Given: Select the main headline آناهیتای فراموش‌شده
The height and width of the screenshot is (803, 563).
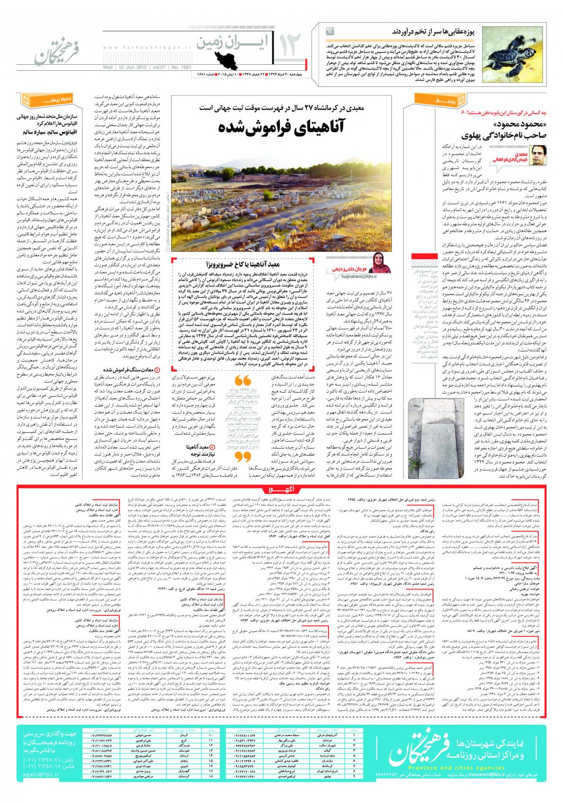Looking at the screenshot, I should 277,128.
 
